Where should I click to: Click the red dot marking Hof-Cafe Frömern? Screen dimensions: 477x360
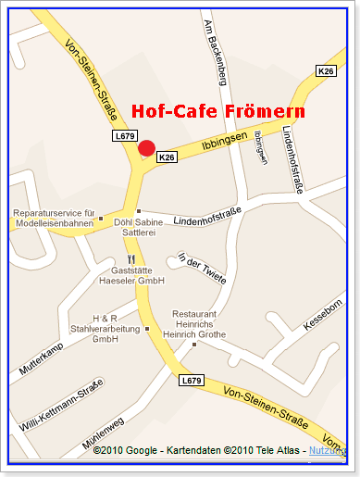pos(146,148)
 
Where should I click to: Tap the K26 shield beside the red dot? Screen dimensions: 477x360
pos(167,158)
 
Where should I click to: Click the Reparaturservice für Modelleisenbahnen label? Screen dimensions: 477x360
pos(54,219)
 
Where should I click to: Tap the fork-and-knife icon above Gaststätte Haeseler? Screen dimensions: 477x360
pos(132,260)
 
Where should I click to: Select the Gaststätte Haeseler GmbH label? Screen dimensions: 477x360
pos(132,275)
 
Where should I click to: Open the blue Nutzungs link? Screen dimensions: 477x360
pos(329,451)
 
